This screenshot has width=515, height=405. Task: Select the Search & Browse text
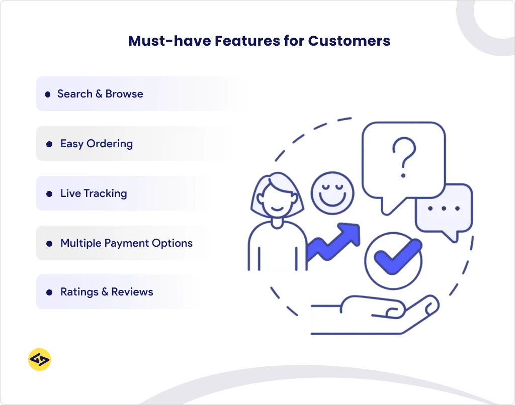100,94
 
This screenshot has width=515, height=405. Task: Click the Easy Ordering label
97,144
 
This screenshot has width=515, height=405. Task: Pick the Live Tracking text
94,193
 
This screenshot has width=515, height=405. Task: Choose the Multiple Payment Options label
126,243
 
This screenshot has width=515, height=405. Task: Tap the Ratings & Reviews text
107,292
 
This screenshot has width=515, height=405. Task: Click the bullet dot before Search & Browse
48,94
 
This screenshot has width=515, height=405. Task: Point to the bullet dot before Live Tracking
49,194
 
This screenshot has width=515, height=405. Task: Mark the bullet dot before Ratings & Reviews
49,292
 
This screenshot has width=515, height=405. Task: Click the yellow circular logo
39,360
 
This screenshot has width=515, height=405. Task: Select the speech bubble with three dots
444,209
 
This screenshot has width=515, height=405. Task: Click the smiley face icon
332,193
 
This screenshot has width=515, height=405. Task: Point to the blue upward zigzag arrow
334,241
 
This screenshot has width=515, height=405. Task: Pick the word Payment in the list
126,243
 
